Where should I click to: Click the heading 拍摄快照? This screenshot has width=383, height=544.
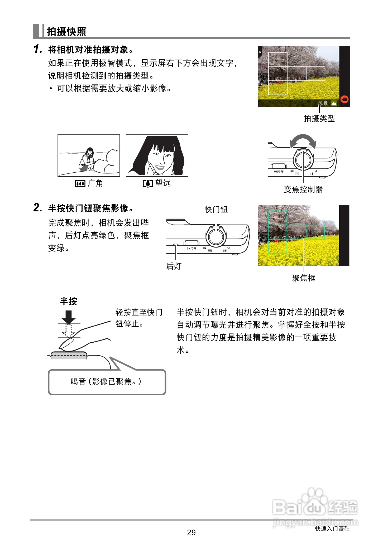pos(66,31)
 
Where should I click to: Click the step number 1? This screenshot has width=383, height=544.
pos(37,49)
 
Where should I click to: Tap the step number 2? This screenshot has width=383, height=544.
pos(37,208)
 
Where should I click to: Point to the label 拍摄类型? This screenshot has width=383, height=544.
pos(319,119)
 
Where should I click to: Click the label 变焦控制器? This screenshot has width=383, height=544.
pos(303,189)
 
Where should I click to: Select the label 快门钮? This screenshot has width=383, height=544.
pos(216,210)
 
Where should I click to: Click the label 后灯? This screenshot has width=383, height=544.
pos(174,266)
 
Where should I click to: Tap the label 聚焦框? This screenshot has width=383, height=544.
pos(304,278)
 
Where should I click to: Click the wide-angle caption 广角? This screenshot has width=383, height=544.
pos(95,183)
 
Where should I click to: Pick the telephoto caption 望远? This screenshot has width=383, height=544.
pos(163,183)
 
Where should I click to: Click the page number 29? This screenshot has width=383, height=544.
pos(191,533)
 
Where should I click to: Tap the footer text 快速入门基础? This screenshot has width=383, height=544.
pos(332,528)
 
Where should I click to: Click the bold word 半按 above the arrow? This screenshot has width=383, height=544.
pos(68,301)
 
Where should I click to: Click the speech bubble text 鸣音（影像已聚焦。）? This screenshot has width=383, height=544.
pos(106,382)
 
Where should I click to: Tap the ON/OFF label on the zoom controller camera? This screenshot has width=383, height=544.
pos(279,172)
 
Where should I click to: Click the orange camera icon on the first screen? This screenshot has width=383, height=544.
pos(344,99)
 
